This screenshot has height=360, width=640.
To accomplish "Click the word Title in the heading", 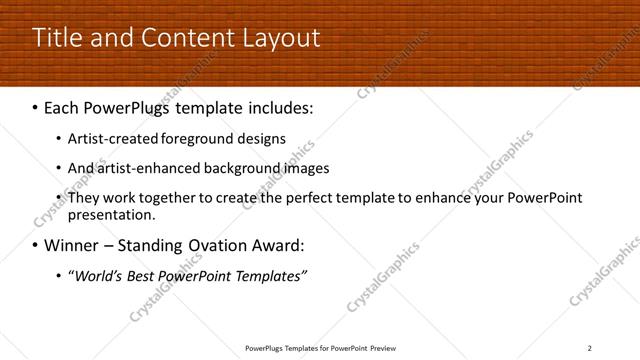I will click(x=56, y=38).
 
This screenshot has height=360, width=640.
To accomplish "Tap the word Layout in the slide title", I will click(x=282, y=38).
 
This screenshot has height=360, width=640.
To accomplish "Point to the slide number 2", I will click(x=590, y=347).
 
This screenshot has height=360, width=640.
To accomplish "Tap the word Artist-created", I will click(x=105, y=139).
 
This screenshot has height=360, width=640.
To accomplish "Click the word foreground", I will click(x=181, y=139).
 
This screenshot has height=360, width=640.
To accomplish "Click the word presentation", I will click(x=111, y=214).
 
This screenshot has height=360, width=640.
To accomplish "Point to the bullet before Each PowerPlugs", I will click(x=36, y=105).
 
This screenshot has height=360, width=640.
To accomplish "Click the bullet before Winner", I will click(x=36, y=245).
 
